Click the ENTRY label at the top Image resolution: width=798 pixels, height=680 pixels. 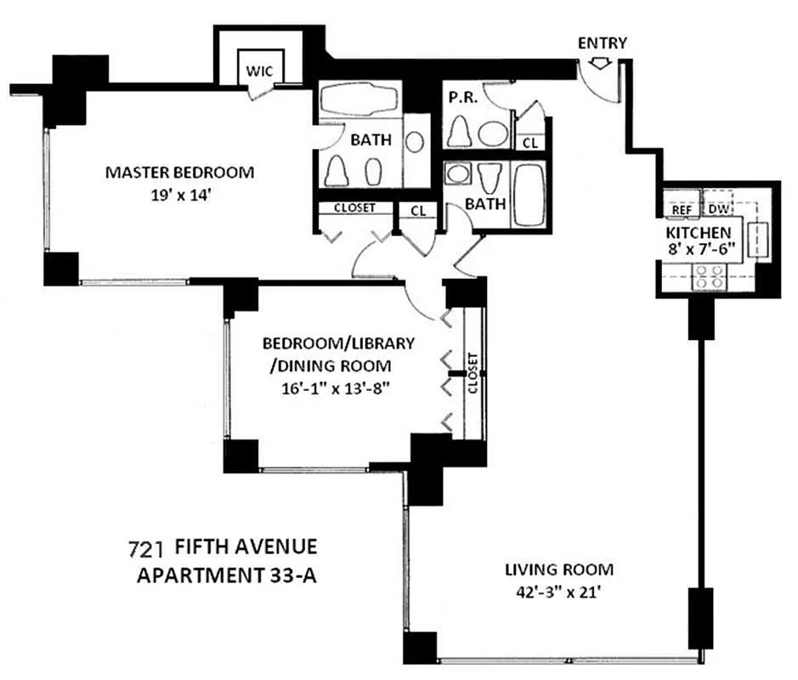(x=602, y=43)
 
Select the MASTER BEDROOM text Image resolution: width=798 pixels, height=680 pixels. (x=179, y=173)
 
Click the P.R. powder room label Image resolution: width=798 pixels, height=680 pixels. (x=463, y=99)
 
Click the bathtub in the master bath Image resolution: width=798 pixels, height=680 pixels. (x=359, y=99)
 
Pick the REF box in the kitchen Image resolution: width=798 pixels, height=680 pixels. (x=681, y=209)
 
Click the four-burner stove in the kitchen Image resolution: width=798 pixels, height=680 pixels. (x=710, y=275)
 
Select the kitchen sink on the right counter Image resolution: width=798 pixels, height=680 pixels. (x=758, y=240)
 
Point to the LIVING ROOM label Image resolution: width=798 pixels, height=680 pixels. (x=558, y=569)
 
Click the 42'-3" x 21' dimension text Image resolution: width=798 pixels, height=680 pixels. (x=558, y=592)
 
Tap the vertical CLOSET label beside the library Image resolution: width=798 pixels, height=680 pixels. (x=473, y=373)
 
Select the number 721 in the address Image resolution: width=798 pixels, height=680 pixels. (x=145, y=547)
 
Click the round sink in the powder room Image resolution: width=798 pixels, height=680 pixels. (x=490, y=134)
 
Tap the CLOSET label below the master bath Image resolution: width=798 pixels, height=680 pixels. (x=354, y=208)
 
